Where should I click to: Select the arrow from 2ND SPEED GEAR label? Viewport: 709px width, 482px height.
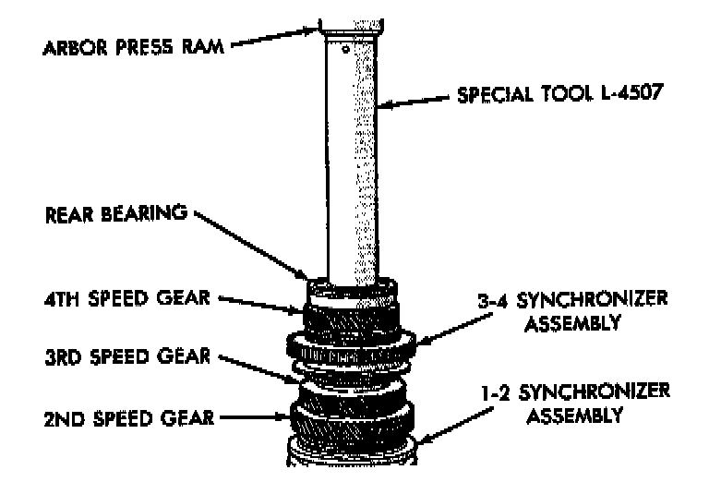click(255, 417)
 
